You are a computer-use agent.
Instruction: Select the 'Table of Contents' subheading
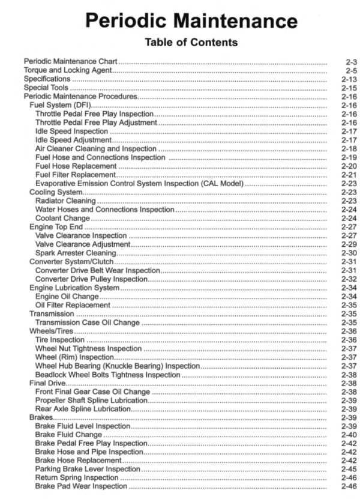click(191, 43)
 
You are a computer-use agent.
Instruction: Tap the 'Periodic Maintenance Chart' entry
click(70, 62)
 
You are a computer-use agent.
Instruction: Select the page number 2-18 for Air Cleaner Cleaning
click(349, 148)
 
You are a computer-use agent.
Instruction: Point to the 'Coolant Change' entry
click(62, 218)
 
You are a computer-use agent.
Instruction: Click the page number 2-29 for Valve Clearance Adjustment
click(349, 244)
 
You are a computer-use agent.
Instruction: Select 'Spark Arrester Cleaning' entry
click(75, 253)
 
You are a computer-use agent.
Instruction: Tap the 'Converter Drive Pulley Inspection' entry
click(91, 279)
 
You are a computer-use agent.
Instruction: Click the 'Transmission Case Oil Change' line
click(87, 322)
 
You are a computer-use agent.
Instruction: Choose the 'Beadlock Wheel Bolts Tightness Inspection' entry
click(107, 374)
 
